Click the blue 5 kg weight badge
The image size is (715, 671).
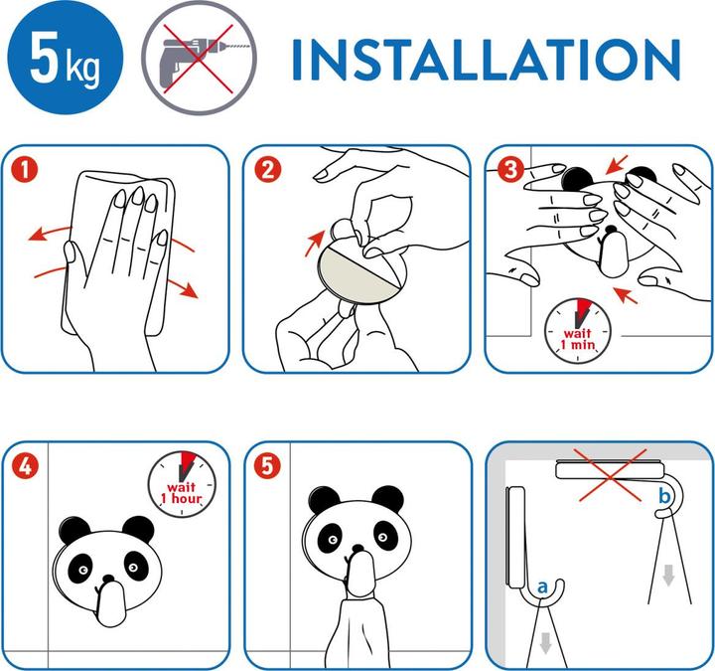pyautogui.click(x=66, y=58)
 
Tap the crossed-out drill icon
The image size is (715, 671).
pyautogui.click(x=200, y=58)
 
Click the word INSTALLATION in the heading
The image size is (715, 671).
pyautogui.click(x=486, y=61)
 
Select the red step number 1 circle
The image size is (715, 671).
pyautogui.click(x=25, y=170)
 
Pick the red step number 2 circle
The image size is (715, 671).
pyautogui.click(x=268, y=170)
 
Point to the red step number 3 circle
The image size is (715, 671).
pyautogui.click(x=510, y=169)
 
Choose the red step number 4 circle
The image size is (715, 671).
pyautogui.click(x=25, y=466)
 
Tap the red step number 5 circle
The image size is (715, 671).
pyautogui.click(x=268, y=466)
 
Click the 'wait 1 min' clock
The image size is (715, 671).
pyautogui.click(x=578, y=331)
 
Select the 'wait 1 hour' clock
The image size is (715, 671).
pyautogui.click(x=182, y=484)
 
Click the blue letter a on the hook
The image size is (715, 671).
pyautogui.click(x=542, y=587)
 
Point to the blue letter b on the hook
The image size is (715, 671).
pyautogui.click(x=664, y=495)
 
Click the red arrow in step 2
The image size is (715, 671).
pyautogui.click(x=315, y=243)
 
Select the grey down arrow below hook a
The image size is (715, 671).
pyautogui.click(x=545, y=643)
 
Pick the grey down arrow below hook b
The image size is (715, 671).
pyautogui.click(x=668, y=576)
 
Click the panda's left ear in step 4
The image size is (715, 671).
pyautogui.click(x=74, y=530)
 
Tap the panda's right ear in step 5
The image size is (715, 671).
pyautogui.click(x=387, y=499)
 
